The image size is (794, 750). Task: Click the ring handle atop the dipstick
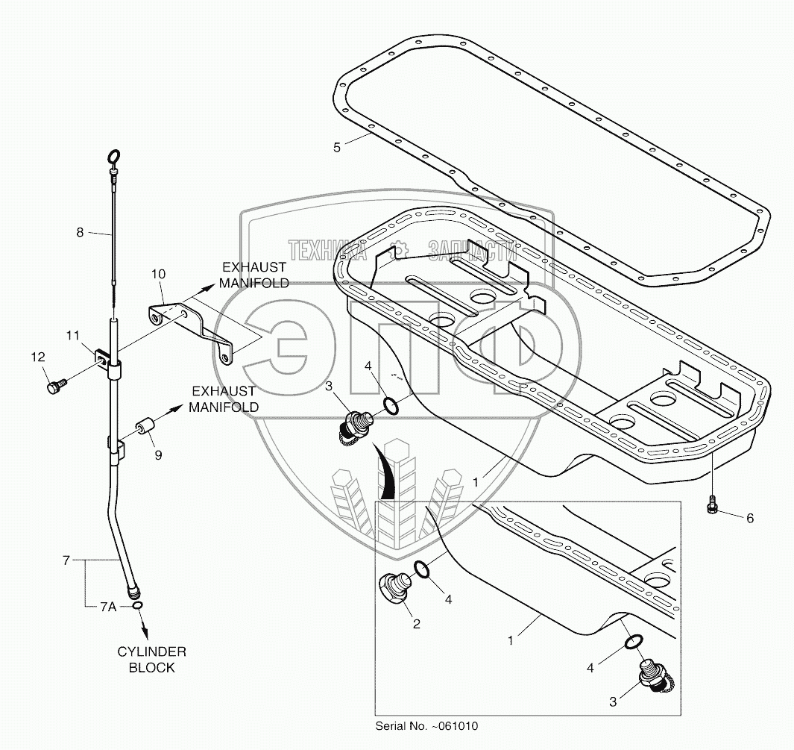coord(113,157)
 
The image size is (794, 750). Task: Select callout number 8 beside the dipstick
coord(80,232)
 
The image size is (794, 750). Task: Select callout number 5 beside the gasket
coord(337,148)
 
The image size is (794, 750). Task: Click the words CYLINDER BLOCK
coord(151,659)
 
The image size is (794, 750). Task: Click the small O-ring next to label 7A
coord(139,606)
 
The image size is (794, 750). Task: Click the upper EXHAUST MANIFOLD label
coord(253,275)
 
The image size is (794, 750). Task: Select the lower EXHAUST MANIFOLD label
coord(224,399)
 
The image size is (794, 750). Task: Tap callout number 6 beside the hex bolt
coord(749,517)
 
